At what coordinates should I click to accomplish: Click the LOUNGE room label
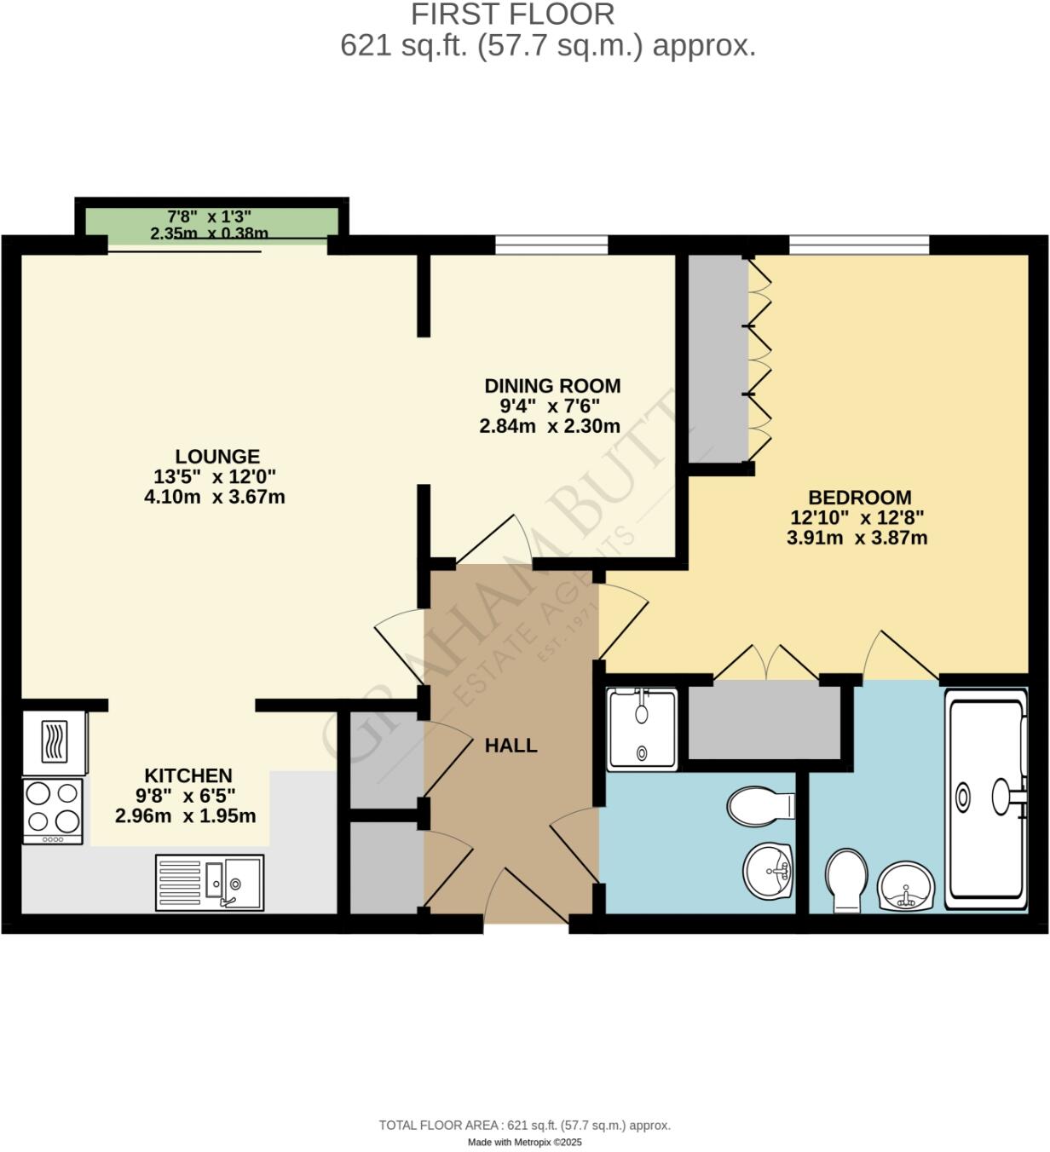tap(217, 456)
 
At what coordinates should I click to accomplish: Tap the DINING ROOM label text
tap(552, 386)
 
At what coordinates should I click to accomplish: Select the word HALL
tap(511, 746)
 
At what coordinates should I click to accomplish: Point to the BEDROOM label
tap(859, 498)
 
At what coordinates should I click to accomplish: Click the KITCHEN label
tap(188, 775)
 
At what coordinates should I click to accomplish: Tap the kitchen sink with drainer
tap(210, 883)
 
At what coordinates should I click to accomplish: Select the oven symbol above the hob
tap(55, 741)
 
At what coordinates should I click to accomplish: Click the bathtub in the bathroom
tap(987, 799)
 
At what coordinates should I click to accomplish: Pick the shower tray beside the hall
tap(642, 729)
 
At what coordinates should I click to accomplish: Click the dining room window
tap(551, 245)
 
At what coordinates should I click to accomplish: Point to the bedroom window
tap(858, 245)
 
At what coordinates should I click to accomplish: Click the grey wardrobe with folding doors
tap(717, 358)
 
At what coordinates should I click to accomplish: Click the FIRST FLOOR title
tap(512, 14)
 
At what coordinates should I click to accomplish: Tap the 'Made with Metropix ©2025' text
tap(524, 1143)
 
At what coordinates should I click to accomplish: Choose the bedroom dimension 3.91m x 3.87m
tap(857, 539)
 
